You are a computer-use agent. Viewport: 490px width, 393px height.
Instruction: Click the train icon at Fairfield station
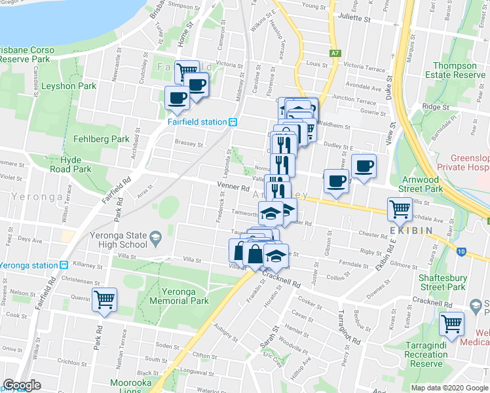coord(232,121)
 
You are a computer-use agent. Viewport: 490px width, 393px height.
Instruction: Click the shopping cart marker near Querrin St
coord(104,300)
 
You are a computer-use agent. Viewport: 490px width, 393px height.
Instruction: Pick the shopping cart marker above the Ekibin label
coord(400,210)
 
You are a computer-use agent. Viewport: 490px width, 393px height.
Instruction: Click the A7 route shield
coord(336,52)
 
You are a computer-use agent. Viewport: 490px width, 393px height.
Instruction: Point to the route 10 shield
coord(461,251)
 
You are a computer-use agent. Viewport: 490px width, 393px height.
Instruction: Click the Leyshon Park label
coord(69,86)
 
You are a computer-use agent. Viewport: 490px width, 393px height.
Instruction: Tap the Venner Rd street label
coord(234,187)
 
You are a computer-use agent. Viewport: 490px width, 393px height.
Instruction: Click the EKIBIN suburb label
coord(410,231)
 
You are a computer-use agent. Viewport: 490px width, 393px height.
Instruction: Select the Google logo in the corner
coord(22,385)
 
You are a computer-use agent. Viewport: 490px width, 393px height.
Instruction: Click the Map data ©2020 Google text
coord(449,388)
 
